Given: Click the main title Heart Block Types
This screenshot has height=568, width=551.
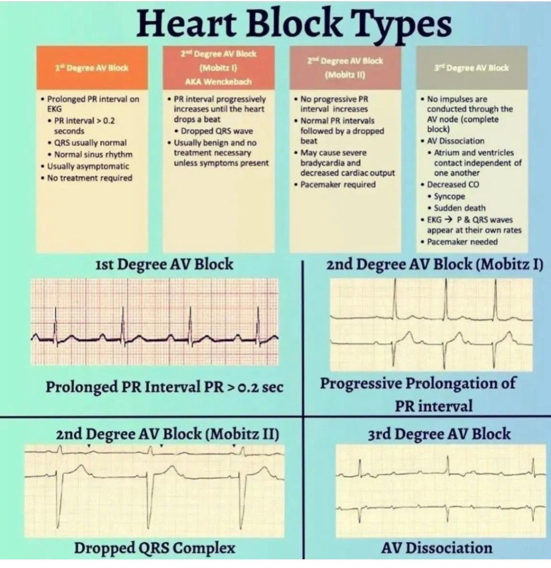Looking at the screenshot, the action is pyautogui.click(x=294, y=23).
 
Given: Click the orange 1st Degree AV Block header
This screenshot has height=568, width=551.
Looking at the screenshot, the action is pyautogui.click(x=92, y=68).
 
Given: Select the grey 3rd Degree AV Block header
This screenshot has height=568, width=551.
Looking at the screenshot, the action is pyautogui.click(x=471, y=68).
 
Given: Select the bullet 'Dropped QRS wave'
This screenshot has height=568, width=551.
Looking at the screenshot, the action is pyautogui.click(x=213, y=131).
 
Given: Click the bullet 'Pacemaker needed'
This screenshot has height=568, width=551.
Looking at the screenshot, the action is pyautogui.click(x=459, y=241).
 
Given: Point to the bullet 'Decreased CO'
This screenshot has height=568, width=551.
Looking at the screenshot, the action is pyautogui.click(x=450, y=184).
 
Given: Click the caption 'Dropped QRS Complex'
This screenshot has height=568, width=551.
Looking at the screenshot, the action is pyautogui.click(x=155, y=548).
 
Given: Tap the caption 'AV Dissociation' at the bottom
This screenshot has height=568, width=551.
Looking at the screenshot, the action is pyautogui.click(x=437, y=548).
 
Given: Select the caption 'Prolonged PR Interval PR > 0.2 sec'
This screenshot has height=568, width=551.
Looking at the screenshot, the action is pyautogui.click(x=164, y=387).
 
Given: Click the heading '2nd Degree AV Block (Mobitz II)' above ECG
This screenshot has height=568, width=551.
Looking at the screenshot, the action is pyautogui.click(x=167, y=434).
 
